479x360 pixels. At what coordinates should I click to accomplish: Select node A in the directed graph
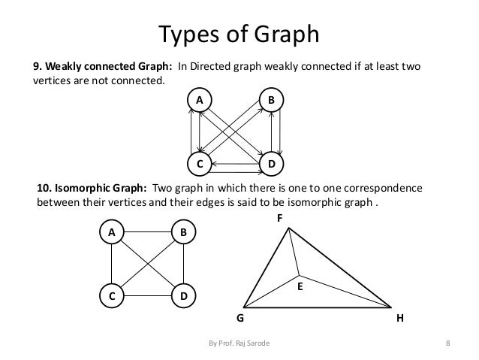(x=200, y=99)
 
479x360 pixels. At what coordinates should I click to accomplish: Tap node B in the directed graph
(x=270, y=99)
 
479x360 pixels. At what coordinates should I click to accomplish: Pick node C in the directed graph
(x=200, y=163)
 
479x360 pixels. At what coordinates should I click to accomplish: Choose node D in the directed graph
(x=270, y=163)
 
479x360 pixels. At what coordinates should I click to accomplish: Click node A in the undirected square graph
(x=111, y=233)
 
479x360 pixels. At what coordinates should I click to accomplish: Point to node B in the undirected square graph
(x=183, y=233)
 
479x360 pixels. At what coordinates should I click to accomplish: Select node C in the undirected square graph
(x=111, y=296)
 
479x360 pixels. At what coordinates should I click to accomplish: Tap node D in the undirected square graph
(x=183, y=296)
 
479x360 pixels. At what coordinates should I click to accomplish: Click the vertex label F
(x=280, y=218)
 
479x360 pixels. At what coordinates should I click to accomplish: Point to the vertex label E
(x=299, y=286)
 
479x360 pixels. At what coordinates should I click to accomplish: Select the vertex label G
(x=241, y=318)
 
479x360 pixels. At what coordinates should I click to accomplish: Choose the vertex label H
(x=399, y=318)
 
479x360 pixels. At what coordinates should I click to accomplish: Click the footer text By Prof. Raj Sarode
(x=239, y=344)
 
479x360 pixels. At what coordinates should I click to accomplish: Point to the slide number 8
(x=447, y=344)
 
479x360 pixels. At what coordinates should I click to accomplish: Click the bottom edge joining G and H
(x=319, y=307)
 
